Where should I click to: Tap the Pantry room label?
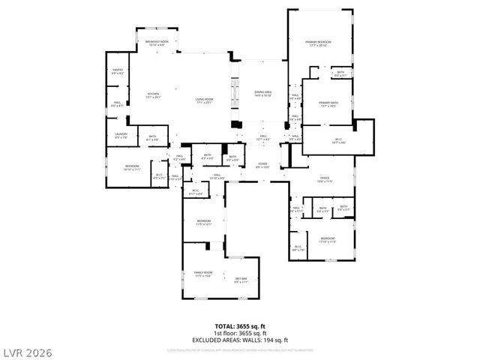pos(118,72)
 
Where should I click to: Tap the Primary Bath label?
pos(328,104)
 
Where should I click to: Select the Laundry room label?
pos(120,136)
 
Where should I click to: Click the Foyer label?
pos(262,164)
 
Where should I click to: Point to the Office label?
pos(325,180)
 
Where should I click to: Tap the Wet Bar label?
pos(241,280)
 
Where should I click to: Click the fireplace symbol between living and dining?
pos(235,125)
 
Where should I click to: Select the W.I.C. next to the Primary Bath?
pos(337,140)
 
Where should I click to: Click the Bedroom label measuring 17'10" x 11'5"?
pos(327,240)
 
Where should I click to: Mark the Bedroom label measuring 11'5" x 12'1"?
pos(205,223)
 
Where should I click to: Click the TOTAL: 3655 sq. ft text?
pos(240,325)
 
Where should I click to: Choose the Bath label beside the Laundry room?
pos(151,137)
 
